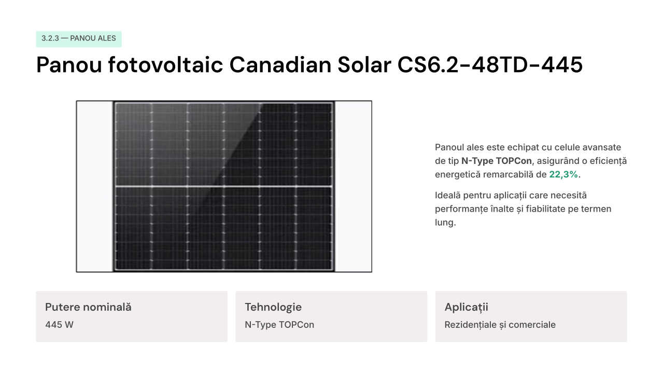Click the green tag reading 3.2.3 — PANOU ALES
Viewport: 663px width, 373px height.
[79, 39]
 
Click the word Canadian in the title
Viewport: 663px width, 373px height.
[280, 64]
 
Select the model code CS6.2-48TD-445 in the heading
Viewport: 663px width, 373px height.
[490, 64]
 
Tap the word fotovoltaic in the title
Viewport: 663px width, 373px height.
[165, 64]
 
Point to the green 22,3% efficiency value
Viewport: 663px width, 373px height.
[563, 174]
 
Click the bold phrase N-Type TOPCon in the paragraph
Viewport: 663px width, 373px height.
[497, 161]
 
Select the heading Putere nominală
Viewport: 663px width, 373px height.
[88, 307]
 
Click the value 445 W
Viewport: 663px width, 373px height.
[59, 325]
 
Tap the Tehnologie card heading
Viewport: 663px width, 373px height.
[273, 307]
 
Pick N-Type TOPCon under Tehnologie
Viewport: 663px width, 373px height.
[279, 325]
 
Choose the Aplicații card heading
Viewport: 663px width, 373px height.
[466, 307]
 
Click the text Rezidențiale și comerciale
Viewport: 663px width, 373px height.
[500, 325]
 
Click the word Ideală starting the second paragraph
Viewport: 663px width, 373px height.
[448, 195]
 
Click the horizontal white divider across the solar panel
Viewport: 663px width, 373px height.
[223, 186]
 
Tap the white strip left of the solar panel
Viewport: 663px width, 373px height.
[95, 186]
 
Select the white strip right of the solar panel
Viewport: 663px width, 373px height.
[353, 186]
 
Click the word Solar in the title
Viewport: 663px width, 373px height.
[364, 64]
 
